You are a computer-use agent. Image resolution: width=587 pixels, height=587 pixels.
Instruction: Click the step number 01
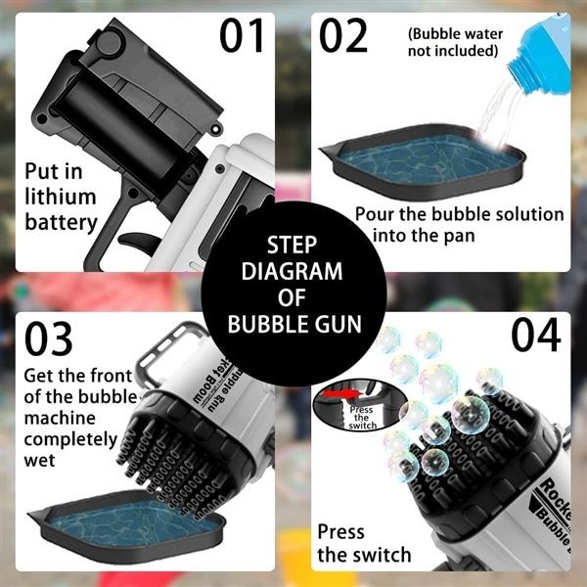click(242, 35)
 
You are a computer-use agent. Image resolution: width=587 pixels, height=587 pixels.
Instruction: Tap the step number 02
click(343, 35)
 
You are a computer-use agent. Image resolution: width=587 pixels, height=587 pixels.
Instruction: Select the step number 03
click(49, 339)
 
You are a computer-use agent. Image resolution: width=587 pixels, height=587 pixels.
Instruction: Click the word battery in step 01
click(61, 222)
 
